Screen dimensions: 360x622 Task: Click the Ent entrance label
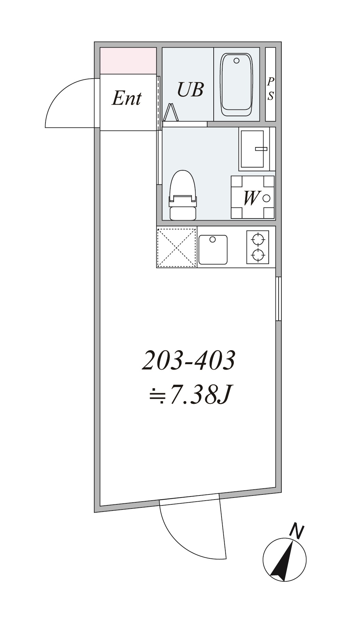point(126,98)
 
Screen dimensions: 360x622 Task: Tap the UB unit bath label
point(190,89)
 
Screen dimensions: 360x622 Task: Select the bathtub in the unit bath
point(237,84)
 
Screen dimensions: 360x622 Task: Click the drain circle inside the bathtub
point(236,61)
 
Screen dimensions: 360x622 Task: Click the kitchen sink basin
point(213,249)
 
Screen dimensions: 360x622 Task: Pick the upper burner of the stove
point(258,239)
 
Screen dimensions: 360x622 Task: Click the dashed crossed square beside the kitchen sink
point(176,247)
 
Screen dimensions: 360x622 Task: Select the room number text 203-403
point(188,361)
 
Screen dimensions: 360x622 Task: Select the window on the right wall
point(278,299)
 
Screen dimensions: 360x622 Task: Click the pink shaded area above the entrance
point(128,61)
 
